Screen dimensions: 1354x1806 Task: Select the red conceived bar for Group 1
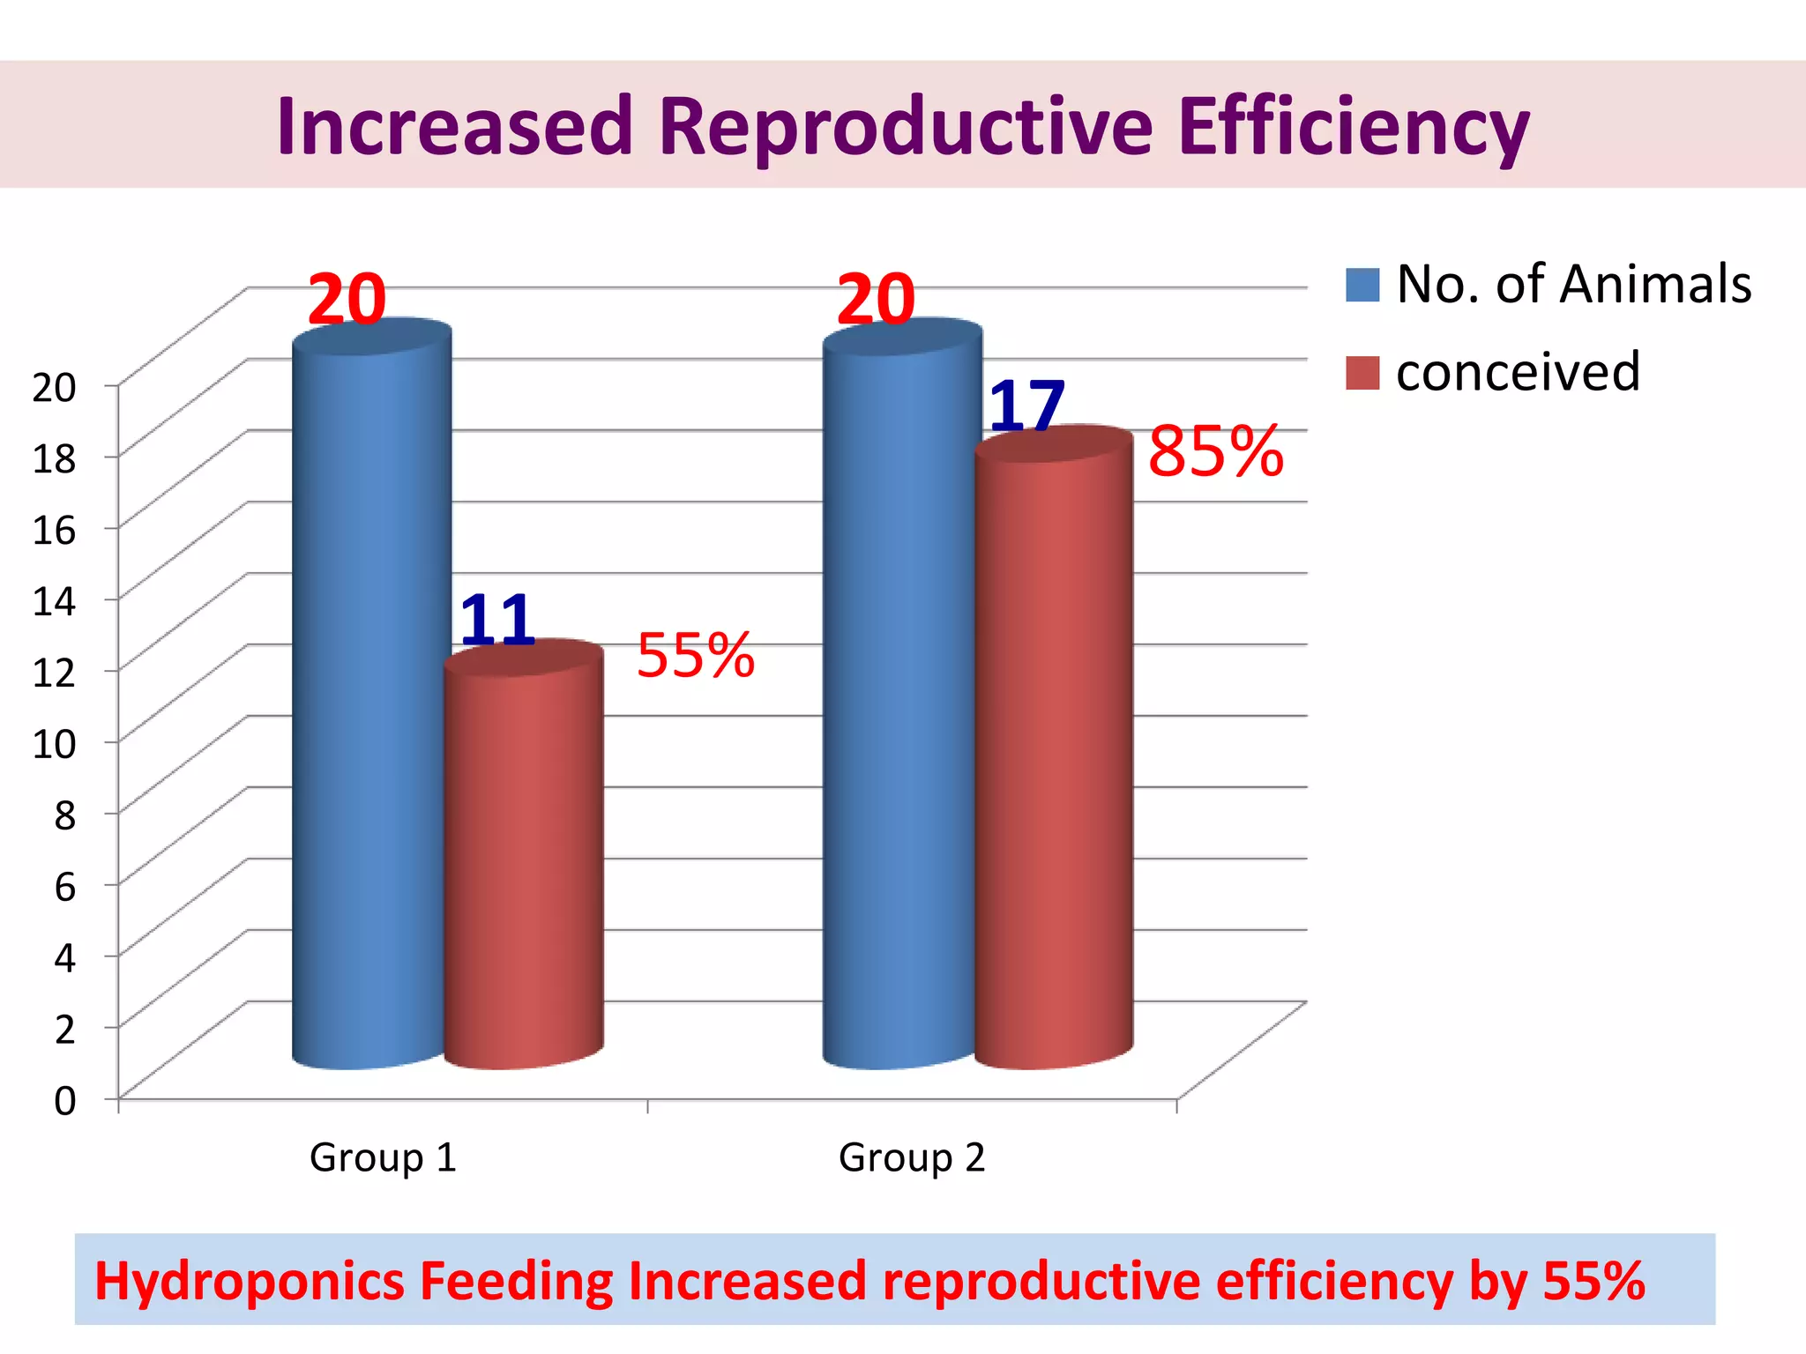point(524,864)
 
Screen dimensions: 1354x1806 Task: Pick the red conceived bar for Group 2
point(1054,758)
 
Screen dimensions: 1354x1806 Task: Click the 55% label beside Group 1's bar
point(696,656)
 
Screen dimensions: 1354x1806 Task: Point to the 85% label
point(1215,452)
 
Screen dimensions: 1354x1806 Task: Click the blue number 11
point(497,619)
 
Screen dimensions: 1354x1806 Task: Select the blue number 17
point(1027,405)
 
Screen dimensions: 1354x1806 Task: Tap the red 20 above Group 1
point(347,300)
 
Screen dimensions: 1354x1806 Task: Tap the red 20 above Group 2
point(876,300)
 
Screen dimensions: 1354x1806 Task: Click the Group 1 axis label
point(383,1157)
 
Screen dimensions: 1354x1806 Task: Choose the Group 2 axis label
point(912,1157)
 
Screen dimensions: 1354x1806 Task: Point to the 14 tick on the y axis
point(54,601)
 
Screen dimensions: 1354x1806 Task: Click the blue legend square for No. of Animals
point(1362,286)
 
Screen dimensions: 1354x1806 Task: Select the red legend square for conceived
point(1362,373)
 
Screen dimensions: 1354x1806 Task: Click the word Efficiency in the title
point(1353,127)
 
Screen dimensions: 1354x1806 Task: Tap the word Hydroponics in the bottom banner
point(250,1281)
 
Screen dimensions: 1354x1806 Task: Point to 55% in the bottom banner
point(1593,1281)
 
